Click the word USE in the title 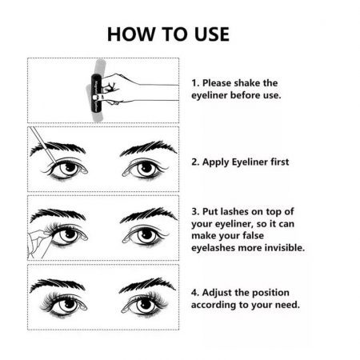click(x=212, y=34)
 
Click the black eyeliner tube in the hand click(x=96, y=94)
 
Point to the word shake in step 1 click(x=246, y=83)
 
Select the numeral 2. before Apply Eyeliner click(x=195, y=162)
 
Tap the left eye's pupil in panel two click(x=70, y=167)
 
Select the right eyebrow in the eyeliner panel click(x=148, y=149)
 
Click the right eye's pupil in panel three click(x=146, y=235)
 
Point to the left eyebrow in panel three click(x=57, y=214)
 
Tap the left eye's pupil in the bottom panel click(x=70, y=304)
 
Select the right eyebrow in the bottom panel click(x=147, y=285)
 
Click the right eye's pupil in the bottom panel click(x=145, y=304)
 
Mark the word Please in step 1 click(x=215, y=83)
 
